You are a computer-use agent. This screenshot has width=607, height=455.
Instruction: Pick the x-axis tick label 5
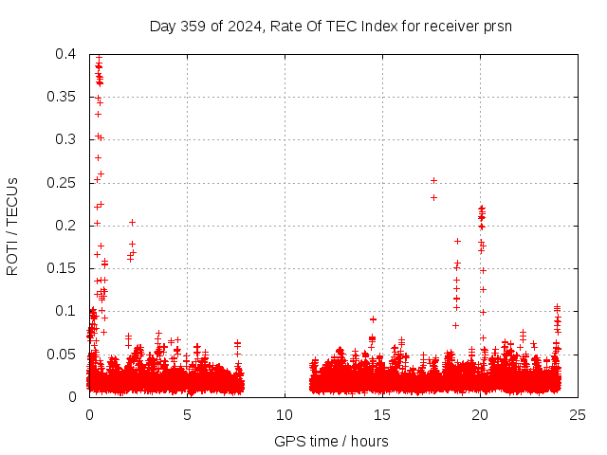pyautogui.click(x=187, y=414)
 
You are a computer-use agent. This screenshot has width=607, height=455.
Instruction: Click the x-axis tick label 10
pyautogui.click(x=285, y=414)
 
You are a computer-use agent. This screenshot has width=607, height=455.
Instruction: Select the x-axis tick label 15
pyautogui.click(x=382, y=414)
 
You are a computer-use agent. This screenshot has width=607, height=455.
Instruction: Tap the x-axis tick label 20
pyautogui.click(x=480, y=414)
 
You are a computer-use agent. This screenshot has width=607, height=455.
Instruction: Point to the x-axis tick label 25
pyautogui.click(x=578, y=414)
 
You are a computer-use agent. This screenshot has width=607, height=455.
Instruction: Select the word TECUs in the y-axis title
pyautogui.click(x=12, y=200)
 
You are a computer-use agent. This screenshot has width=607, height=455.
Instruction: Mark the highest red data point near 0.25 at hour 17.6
pyautogui.click(x=433, y=180)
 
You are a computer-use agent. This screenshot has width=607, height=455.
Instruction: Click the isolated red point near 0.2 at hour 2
pyautogui.click(x=132, y=223)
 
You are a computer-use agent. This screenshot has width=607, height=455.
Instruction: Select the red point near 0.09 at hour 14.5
pyautogui.click(x=373, y=319)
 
